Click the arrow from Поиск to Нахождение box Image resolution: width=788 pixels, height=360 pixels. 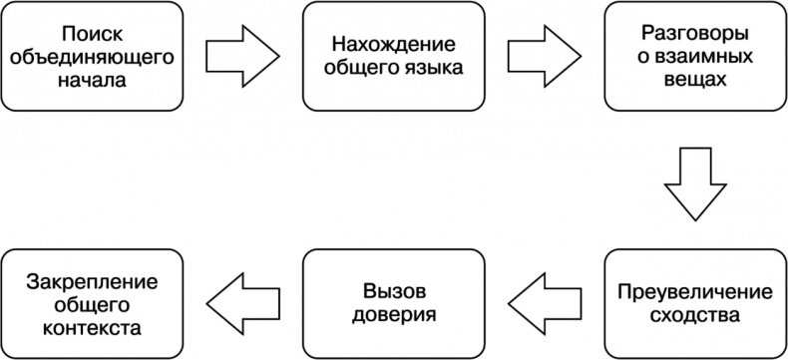(243, 56)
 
